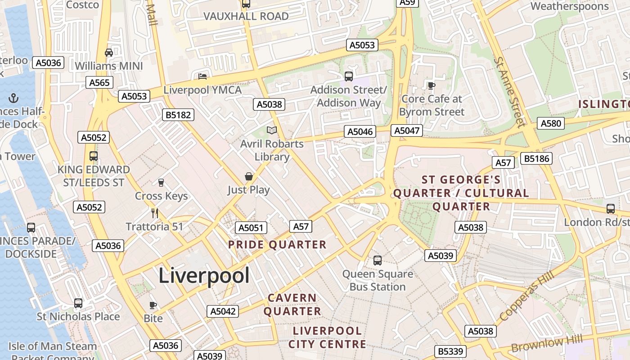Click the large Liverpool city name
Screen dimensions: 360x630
point(204,275)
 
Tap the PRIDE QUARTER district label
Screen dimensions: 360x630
point(277,245)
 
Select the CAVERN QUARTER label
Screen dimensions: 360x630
point(292,305)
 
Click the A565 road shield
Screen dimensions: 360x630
point(99,83)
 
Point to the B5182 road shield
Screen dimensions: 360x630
point(178,115)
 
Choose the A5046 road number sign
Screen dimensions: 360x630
point(360,131)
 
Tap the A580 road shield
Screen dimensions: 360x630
point(551,123)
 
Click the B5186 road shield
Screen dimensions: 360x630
point(536,158)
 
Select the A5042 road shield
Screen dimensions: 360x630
point(223,311)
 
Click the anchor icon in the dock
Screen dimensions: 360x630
point(14,98)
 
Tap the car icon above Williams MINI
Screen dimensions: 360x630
point(109,53)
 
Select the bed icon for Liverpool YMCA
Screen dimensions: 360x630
point(202,76)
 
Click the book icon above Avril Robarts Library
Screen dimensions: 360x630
point(272,130)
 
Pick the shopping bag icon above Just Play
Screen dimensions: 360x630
point(248,176)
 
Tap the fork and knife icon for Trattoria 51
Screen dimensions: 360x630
point(155,213)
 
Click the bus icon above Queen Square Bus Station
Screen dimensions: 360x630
point(378,260)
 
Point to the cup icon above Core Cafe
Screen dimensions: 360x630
point(431,85)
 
